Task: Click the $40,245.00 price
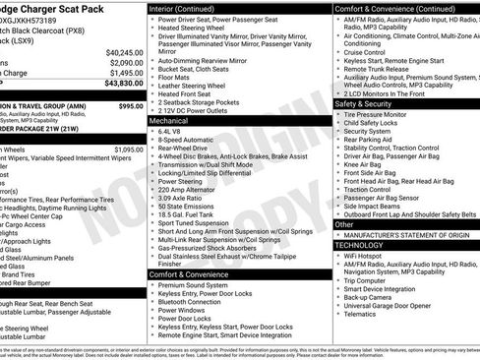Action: pyautogui.click(x=124, y=52)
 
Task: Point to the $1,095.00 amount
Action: pyautogui.click(x=127, y=150)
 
